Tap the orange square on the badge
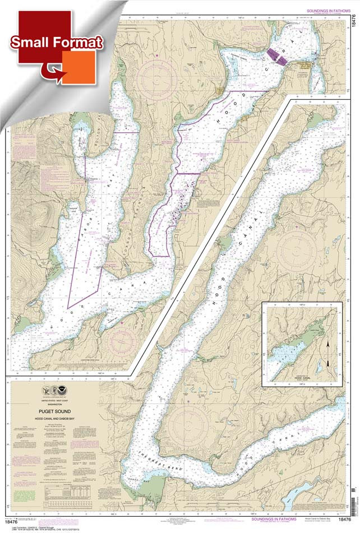tap(78, 67)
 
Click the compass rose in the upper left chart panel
tap(159, 76)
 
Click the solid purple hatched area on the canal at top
tap(274, 55)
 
